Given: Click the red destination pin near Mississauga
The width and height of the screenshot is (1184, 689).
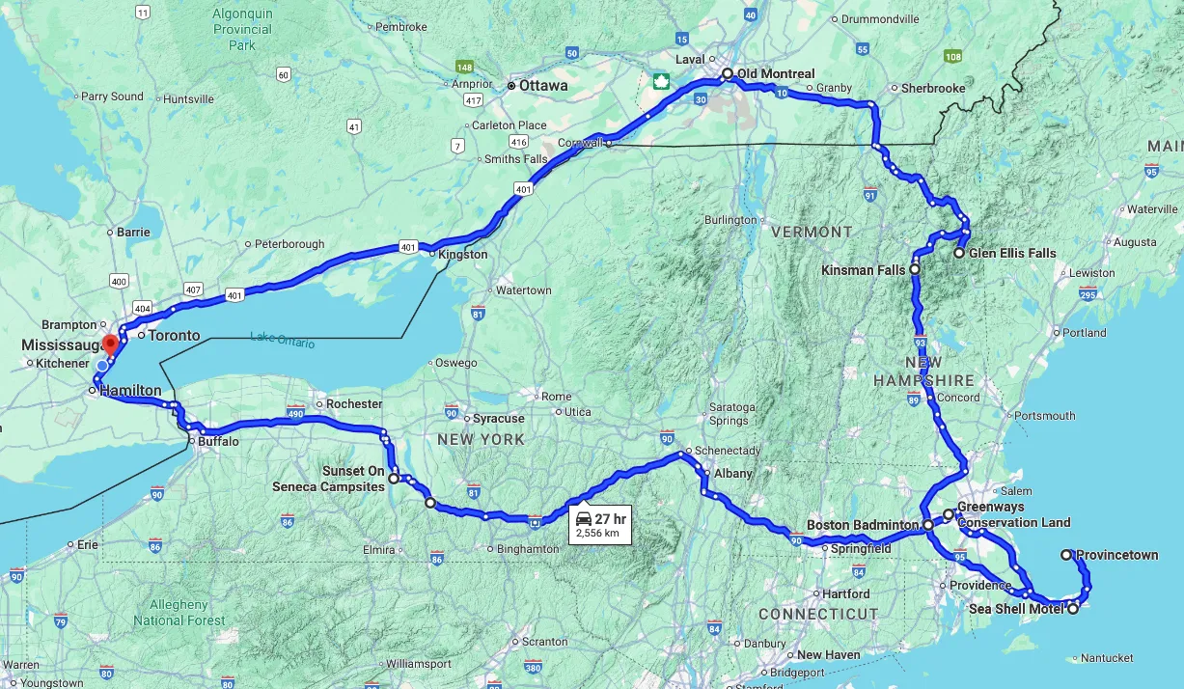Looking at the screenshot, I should (x=110, y=343).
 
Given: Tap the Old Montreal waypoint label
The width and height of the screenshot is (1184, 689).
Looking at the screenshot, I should (x=775, y=73).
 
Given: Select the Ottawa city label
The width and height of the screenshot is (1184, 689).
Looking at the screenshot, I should (x=543, y=85).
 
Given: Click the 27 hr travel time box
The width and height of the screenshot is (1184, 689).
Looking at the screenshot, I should (x=600, y=524).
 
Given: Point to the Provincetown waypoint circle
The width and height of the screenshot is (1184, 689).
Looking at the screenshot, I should (x=1066, y=555).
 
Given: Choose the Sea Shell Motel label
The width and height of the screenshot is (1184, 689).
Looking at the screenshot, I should (x=1016, y=609).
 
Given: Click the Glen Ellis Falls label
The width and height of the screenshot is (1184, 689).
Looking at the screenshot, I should (x=1012, y=253).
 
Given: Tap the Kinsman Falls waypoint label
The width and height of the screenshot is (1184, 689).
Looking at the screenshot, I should (x=863, y=270).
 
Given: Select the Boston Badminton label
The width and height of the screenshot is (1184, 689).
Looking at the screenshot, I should (x=862, y=525).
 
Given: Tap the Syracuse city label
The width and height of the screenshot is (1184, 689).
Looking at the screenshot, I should (x=498, y=419).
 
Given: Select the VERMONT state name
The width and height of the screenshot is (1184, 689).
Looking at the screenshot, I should (x=812, y=232).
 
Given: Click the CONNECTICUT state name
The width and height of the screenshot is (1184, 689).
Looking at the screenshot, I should (x=818, y=614).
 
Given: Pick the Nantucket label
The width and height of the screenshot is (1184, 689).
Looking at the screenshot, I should (x=1108, y=658).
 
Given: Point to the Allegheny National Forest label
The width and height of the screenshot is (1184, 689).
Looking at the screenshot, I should (x=179, y=613).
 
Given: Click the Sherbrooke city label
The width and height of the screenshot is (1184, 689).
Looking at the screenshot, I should (x=933, y=88).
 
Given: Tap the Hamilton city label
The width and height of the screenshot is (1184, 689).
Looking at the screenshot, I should (x=130, y=390).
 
